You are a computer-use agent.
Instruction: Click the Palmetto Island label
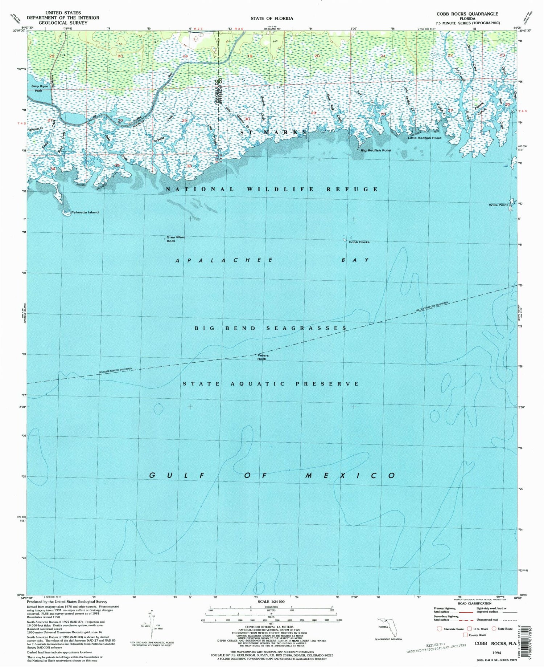(85, 212)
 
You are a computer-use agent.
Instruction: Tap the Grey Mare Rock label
(176, 239)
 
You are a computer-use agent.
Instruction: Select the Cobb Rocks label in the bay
(359, 242)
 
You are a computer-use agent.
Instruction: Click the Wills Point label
(498, 205)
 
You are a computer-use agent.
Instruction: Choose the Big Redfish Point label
(376, 150)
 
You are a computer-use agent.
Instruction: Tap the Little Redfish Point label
(424, 138)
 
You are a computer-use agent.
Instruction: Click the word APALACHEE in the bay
(224, 260)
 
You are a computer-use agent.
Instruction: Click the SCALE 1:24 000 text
(271, 602)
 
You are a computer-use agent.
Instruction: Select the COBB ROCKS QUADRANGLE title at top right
(465, 14)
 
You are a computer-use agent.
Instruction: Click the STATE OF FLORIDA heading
(272, 18)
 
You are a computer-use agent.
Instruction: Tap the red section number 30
(248, 119)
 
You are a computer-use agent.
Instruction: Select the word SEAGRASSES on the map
(307, 328)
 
